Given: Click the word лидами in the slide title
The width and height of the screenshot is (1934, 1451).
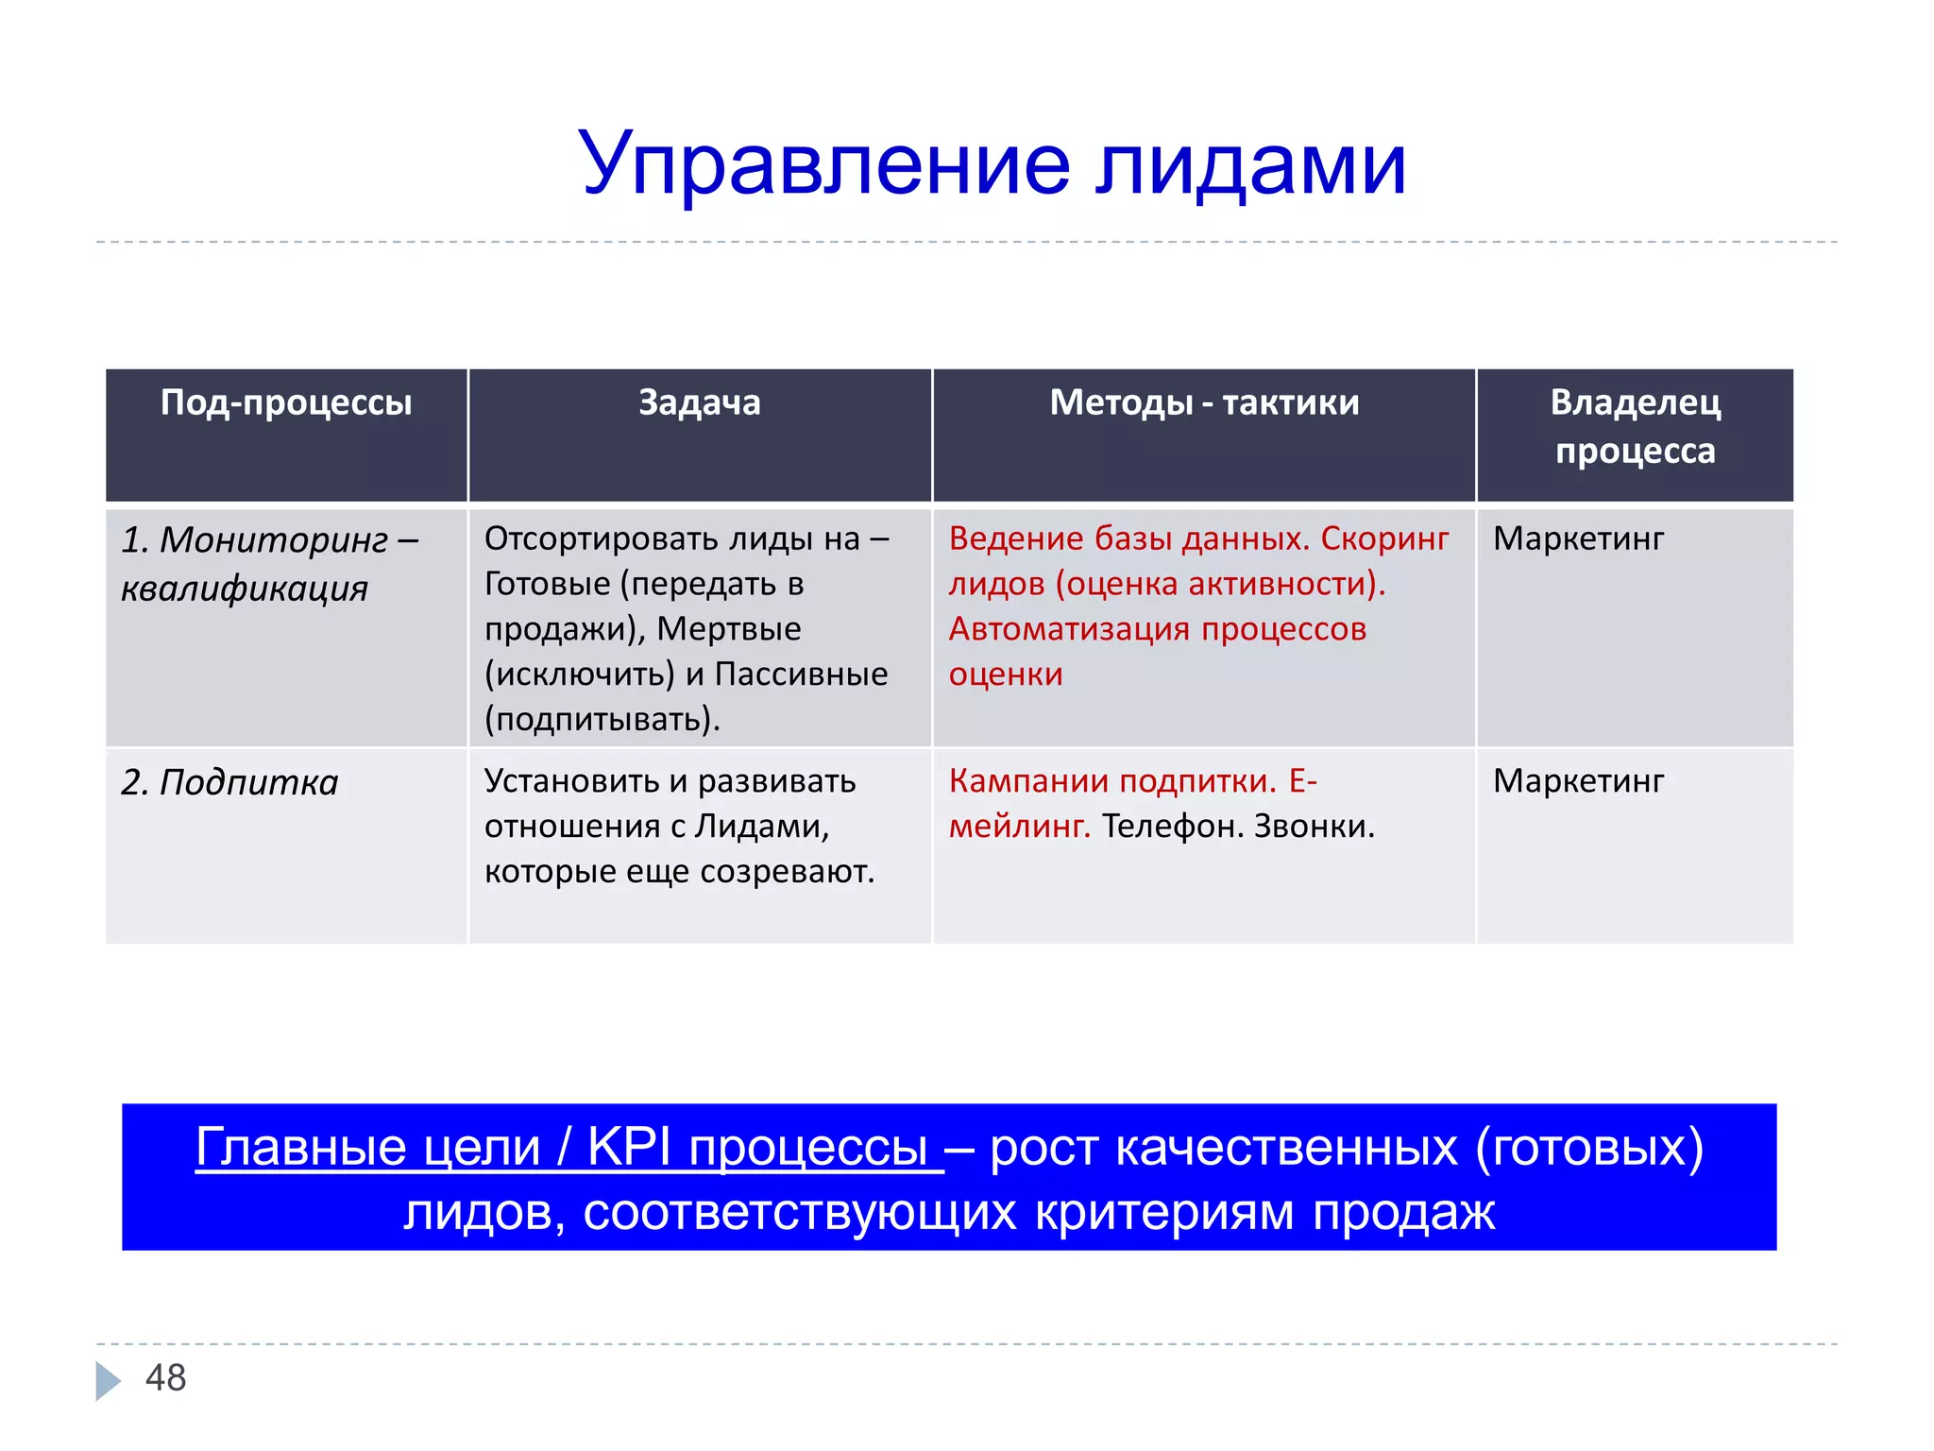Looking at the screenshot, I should [x=1251, y=165].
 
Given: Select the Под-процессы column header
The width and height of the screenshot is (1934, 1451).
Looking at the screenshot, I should [x=286, y=403].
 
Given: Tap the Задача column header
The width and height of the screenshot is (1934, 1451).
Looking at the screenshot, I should [x=700, y=403].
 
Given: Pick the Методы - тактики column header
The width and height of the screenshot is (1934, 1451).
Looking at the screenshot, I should [x=1204, y=403].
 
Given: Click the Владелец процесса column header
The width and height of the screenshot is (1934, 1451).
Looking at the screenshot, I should [x=1635, y=427].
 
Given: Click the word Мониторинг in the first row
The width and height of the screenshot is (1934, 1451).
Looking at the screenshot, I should [x=274, y=540].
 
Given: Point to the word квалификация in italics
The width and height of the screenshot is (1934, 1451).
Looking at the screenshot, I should [x=245, y=589].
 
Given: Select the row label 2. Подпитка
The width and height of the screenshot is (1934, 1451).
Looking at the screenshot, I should [x=229, y=783].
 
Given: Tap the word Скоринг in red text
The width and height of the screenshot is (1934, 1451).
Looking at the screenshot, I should [x=1384, y=538].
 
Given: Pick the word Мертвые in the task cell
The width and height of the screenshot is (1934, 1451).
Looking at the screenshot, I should [x=729, y=629].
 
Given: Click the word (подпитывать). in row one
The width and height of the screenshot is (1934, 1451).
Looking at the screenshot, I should [x=602, y=720].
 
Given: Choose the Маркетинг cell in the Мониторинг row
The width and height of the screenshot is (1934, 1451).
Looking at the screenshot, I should [x=1578, y=538].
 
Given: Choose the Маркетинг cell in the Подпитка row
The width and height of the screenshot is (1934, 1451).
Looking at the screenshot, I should [x=1578, y=781].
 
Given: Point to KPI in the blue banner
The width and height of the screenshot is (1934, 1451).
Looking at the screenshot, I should [x=628, y=1148].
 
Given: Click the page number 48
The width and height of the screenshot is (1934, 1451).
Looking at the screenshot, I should [x=166, y=1378].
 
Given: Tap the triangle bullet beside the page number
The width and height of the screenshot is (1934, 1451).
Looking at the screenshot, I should [x=107, y=1380].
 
